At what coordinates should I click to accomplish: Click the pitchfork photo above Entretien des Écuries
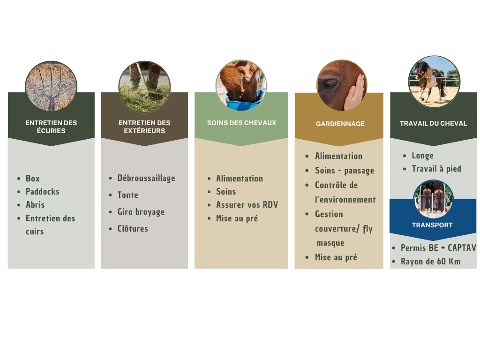point(51,86)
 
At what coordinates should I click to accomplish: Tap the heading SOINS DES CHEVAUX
point(241,123)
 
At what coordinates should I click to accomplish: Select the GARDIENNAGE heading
point(340,124)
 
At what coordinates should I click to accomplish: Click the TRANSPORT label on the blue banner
point(432,225)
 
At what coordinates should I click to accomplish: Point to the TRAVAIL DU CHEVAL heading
point(433,123)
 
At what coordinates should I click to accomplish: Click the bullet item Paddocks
point(43,192)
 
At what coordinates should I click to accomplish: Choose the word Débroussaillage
point(146,178)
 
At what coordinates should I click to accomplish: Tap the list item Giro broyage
point(141,212)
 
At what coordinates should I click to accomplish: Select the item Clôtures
point(133,228)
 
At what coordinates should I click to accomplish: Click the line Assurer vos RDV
point(247,205)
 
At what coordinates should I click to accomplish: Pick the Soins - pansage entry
point(345,171)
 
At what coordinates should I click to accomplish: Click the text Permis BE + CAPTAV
point(438,247)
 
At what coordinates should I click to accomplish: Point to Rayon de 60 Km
point(430,262)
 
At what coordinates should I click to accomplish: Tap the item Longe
point(422,156)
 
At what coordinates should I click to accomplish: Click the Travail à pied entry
point(436,169)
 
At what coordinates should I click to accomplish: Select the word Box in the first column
point(33,179)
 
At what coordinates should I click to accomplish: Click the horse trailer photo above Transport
point(433,199)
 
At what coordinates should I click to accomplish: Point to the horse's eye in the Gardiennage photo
point(330,83)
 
